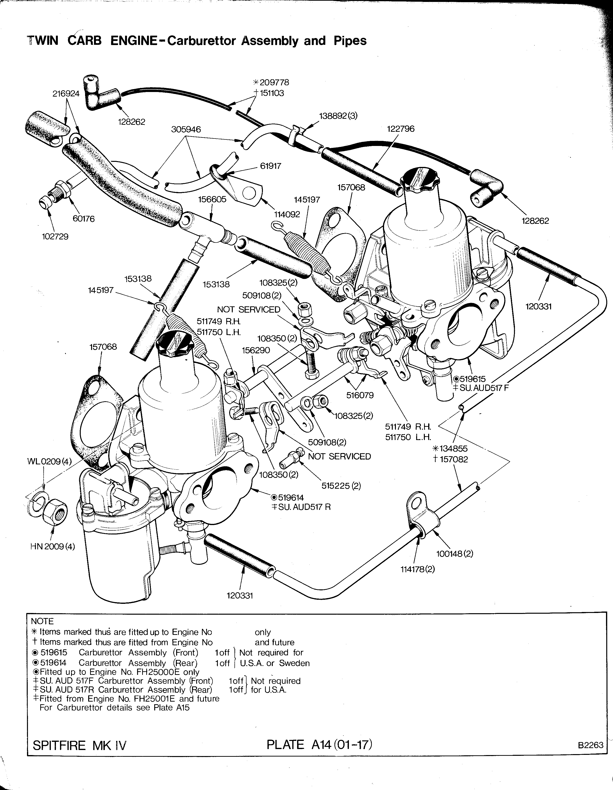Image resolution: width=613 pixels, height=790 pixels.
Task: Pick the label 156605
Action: click(x=212, y=200)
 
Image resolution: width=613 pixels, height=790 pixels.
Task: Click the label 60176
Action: click(x=84, y=219)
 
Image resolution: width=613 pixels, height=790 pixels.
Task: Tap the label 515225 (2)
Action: click(x=341, y=486)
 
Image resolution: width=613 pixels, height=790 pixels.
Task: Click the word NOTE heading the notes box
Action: click(x=42, y=621)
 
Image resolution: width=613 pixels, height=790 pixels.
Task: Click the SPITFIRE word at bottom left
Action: click(x=59, y=745)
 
